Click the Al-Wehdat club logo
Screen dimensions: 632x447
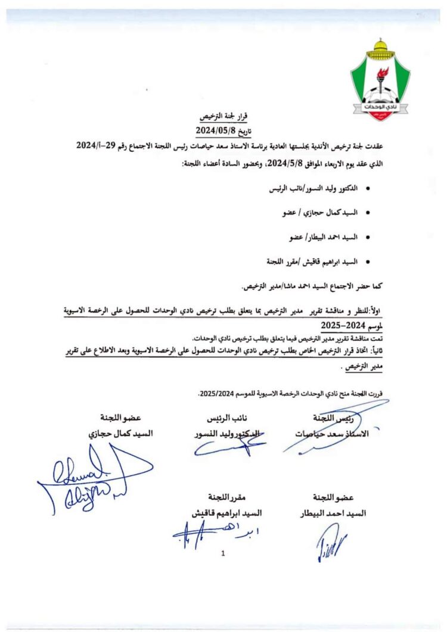pyautogui.click(x=380, y=80)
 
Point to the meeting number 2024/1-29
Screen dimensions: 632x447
pyautogui.click(x=101, y=146)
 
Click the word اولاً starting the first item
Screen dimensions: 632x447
pyautogui.click(x=380, y=310)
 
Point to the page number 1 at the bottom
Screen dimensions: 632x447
pyautogui.click(x=223, y=553)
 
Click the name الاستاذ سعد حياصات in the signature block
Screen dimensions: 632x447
pyautogui.click(x=332, y=434)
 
